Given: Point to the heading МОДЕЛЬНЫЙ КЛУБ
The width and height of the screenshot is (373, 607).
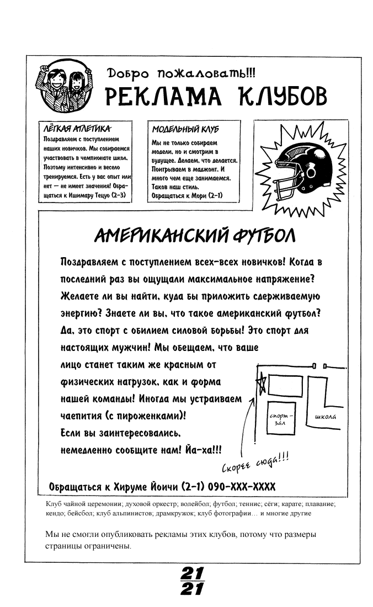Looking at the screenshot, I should (x=177, y=130).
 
